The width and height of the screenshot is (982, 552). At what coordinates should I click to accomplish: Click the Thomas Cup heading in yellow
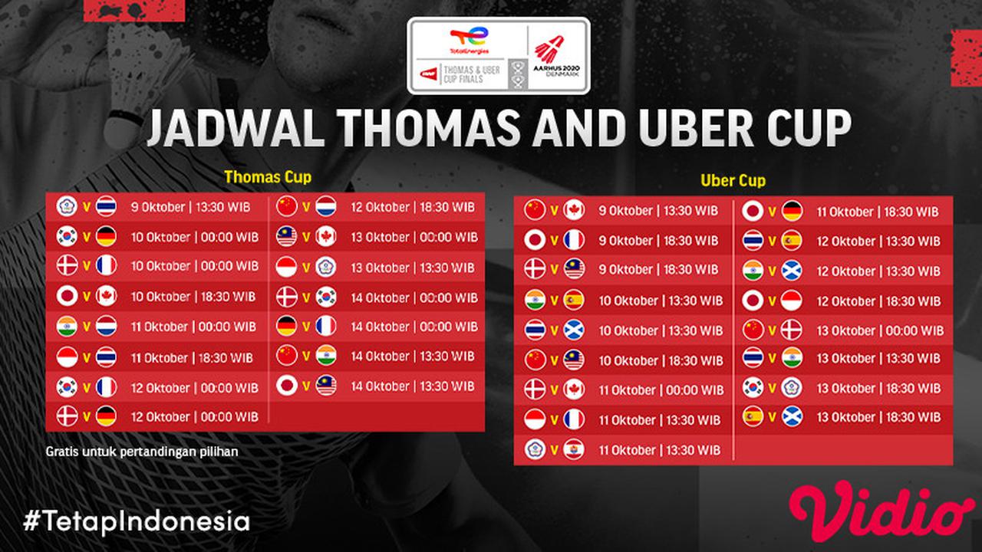268,177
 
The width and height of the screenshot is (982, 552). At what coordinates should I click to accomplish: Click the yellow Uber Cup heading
733,182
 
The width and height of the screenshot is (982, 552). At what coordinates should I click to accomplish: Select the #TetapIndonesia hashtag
137,521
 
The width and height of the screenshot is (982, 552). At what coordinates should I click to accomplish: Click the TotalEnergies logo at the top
469,41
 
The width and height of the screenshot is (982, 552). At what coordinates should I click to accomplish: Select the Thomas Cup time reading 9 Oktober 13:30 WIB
195,206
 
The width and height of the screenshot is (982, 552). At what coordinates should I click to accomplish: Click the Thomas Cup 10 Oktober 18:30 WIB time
195,297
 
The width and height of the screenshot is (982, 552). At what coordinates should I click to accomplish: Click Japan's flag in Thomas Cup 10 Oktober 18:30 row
68,297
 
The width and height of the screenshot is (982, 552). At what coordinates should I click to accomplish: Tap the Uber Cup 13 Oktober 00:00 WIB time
880,331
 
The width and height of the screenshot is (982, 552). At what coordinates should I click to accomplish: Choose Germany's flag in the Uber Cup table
793,211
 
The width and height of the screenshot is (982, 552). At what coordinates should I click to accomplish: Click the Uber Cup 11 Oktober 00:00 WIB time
661,390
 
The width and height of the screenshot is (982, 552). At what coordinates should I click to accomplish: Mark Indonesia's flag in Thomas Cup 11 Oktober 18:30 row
68,357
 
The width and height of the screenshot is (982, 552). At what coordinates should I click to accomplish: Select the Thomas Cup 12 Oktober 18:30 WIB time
413,207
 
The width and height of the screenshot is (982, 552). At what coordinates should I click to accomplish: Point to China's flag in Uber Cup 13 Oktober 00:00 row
753,330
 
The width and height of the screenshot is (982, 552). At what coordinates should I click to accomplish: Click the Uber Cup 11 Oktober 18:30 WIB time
878,212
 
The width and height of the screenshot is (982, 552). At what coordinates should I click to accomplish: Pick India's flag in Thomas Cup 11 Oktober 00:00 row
68,327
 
